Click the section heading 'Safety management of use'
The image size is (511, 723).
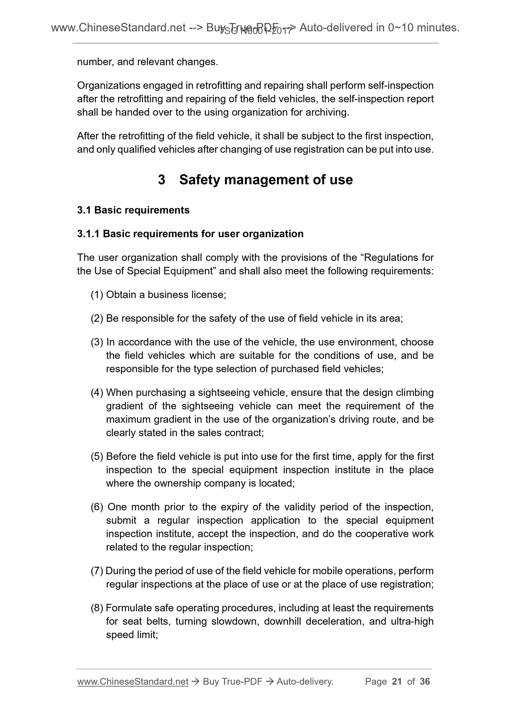pos(266,180)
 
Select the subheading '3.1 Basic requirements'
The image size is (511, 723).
pos(133,210)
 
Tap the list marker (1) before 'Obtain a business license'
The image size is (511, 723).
pos(97,295)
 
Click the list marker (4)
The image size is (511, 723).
pos(97,393)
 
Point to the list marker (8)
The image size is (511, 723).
pos(97,608)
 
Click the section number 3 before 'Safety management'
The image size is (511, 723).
pos(161,180)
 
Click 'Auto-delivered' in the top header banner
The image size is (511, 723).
pos(336,28)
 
